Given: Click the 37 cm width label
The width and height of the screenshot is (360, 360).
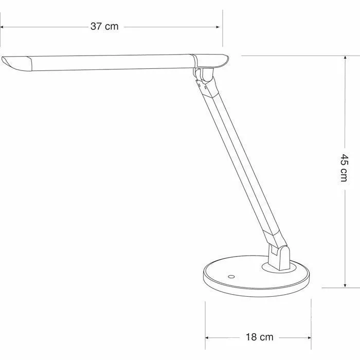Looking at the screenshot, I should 104,26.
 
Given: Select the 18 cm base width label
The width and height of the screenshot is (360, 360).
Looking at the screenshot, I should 259,337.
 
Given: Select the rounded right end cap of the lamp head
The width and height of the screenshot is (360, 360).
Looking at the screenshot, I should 221,61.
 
